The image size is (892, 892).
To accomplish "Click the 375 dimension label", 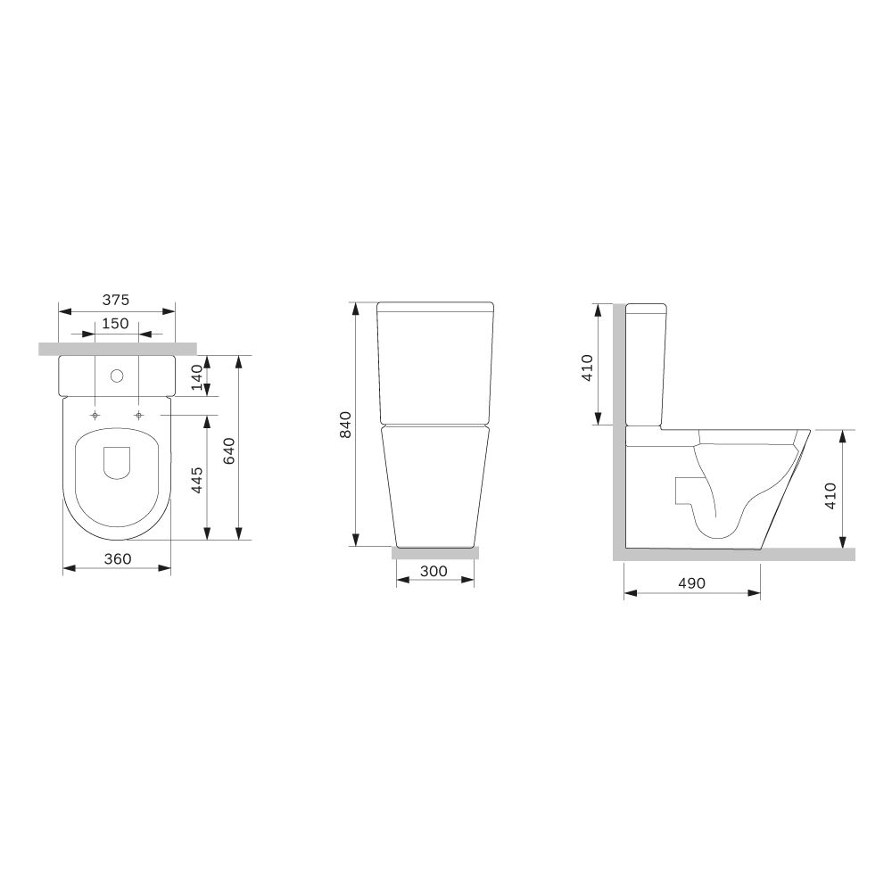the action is coord(115,299).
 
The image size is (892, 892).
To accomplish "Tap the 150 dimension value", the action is coord(115,323).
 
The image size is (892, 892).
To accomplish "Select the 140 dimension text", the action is coord(196,377).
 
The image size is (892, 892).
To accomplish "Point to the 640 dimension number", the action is coord(228,450).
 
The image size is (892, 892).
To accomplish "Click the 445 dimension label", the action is coord(196,480).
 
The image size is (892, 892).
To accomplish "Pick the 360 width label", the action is coord(118,558).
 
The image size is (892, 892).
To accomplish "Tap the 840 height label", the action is coord(345,425).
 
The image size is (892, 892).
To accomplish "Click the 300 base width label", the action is coord(434,571).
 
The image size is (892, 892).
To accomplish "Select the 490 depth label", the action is coord(692,583).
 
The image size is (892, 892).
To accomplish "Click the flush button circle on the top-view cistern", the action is coord(117,376).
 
